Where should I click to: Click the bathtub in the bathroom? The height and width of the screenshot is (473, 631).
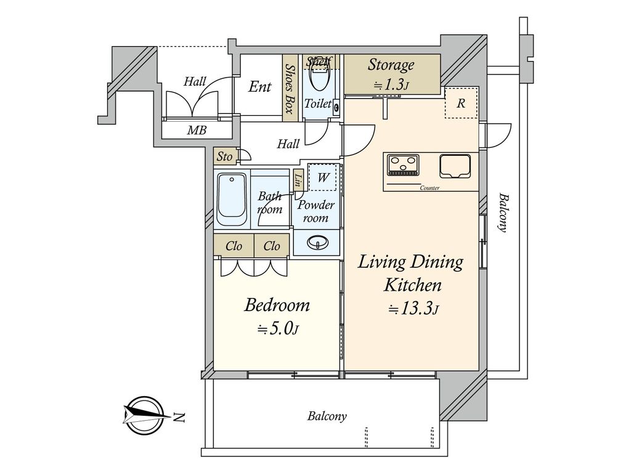click(x=232, y=200)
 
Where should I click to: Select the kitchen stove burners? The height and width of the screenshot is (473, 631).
click(x=402, y=164)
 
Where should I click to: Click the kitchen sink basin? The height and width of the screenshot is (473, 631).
click(x=455, y=166)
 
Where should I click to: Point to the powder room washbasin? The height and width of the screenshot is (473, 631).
click(x=317, y=243)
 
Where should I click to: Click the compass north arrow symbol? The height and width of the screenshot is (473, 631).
click(x=143, y=415)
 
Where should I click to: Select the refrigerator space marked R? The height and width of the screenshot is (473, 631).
click(x=461, y=103)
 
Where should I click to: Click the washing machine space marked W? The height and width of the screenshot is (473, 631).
click(x=322, y=177)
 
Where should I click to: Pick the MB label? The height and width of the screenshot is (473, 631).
click(x=197, y=131)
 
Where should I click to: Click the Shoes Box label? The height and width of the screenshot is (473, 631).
click(x=289, y=89)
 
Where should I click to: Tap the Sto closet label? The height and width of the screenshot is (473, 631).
click(x=224, y=156)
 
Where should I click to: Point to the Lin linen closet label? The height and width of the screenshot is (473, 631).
click(x=298, y=179)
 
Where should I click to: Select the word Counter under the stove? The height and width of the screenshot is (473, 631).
click(x=429, y=188)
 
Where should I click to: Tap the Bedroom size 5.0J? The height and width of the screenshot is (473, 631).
click(x=278, y=329)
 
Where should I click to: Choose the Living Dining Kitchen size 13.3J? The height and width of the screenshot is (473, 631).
click(x=413, y=309)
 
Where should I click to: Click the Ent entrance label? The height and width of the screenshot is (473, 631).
click(x=259, y=86)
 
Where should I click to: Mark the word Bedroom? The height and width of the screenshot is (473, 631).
click(x=277, y=305)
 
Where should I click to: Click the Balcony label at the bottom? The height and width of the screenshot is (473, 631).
click(x=327, y=416)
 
